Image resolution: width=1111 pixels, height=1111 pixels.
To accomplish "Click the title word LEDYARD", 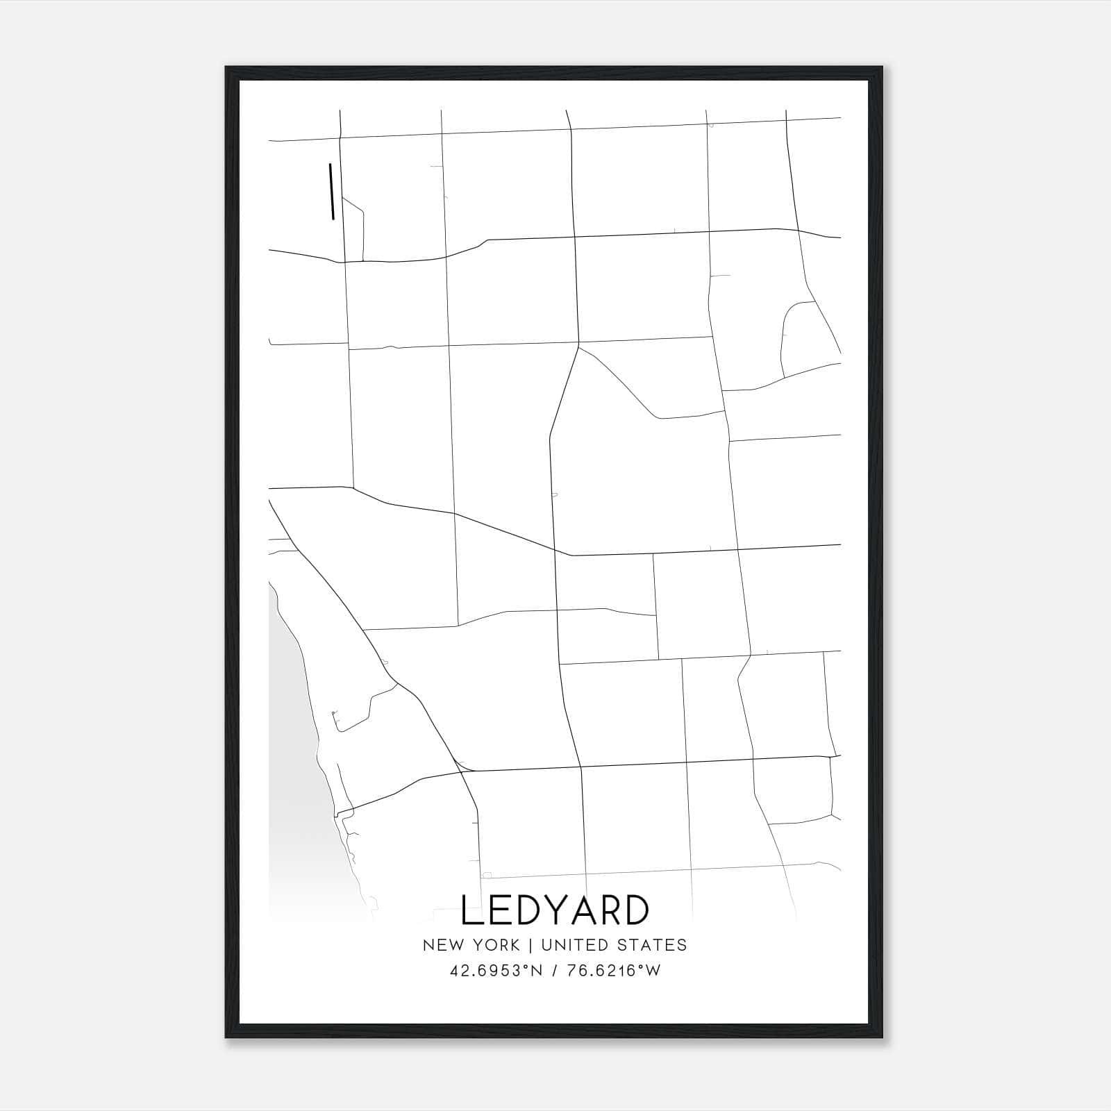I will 555,910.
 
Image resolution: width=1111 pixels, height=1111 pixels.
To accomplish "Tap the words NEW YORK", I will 471,945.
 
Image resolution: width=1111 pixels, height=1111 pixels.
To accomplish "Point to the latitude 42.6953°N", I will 494,971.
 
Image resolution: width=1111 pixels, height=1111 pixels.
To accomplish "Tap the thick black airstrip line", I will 331,191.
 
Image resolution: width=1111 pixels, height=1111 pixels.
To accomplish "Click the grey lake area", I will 292,729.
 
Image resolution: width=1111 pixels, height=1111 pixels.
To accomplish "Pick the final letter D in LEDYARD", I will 635,910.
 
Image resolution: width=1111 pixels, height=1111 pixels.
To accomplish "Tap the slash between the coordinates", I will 555,971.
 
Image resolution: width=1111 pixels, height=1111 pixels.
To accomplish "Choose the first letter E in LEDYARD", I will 494,910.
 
